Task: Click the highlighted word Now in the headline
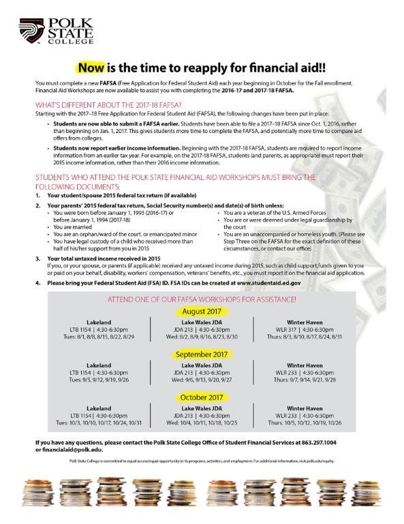click(93, 68)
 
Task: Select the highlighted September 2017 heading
click(202, 354)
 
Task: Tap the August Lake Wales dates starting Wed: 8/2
click(202, 336)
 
